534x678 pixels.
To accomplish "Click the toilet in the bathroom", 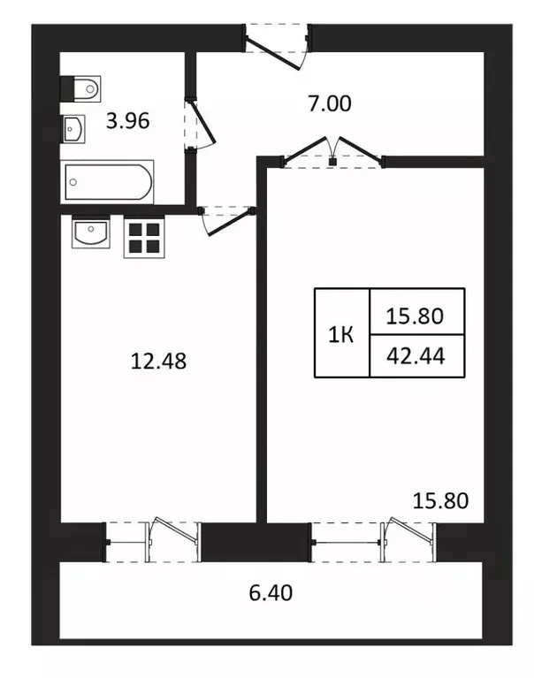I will pos(80,88).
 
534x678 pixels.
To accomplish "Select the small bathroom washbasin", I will pos(73,129).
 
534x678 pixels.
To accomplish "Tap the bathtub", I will pos(108,182).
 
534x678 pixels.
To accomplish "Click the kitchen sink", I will pos(90,235).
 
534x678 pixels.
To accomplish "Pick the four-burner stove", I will pos(143,237).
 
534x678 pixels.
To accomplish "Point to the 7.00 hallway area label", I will pos(329,103).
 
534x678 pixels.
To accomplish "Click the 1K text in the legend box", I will pos(342,334).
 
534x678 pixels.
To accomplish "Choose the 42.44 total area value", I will pos(416,356).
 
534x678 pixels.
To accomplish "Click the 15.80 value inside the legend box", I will pos(416,314).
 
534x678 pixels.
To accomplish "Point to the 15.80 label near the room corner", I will pos(440,501).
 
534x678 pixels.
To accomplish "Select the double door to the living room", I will pos(334,152).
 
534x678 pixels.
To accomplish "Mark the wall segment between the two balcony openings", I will pos(256,542).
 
